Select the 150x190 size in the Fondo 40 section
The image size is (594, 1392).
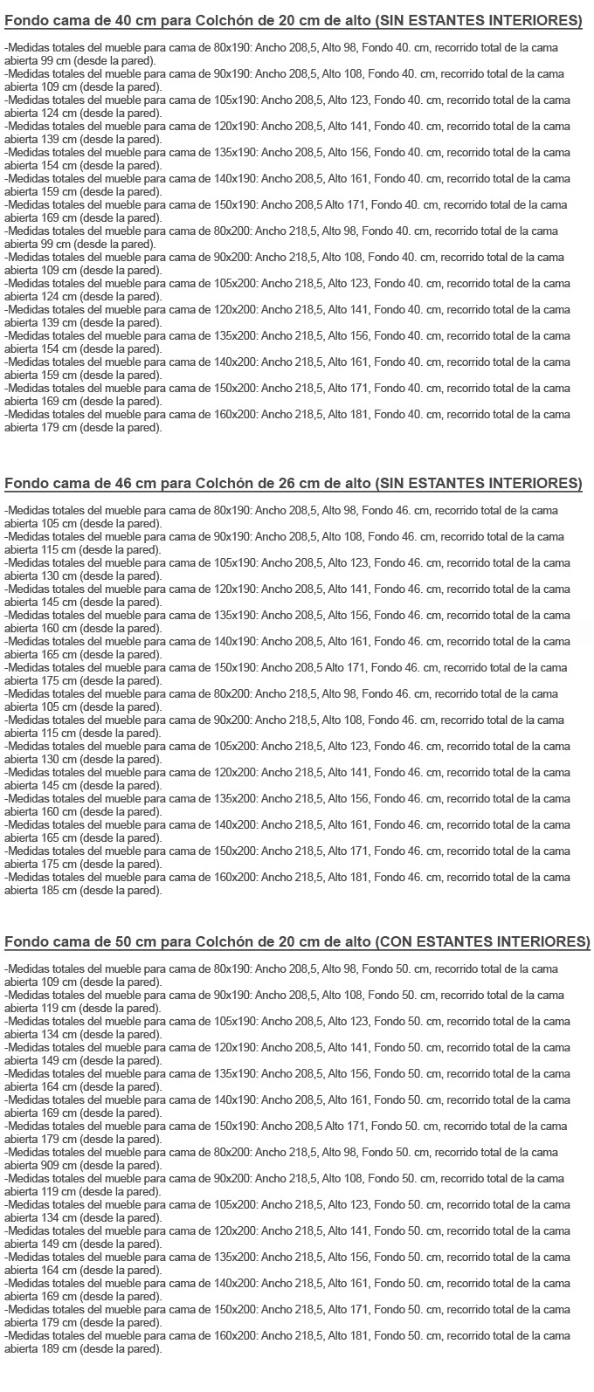click(235, 204)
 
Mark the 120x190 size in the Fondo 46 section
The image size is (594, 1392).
click(235, 589)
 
